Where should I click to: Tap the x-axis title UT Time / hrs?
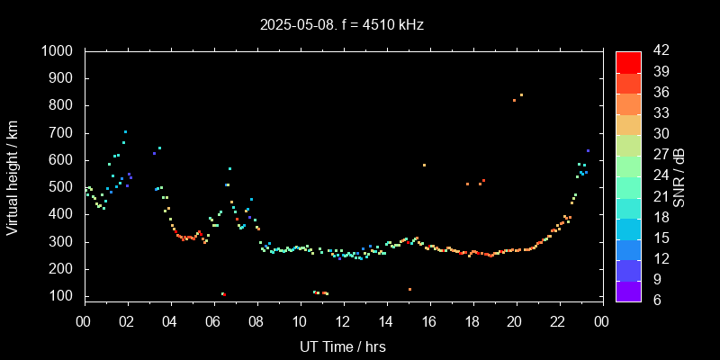[x=342, y=346]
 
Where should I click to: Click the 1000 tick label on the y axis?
[x=58, y=51]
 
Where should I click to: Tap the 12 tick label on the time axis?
[x=343, y=319]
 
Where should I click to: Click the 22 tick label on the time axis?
[x=559, y=319]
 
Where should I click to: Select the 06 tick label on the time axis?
[x=213, y=319]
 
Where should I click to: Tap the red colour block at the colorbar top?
[x=628, y=61]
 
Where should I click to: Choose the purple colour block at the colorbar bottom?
[x=628, y=290]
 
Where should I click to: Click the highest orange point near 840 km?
[x=521, y=94]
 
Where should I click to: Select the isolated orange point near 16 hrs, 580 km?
[x=424, y=165]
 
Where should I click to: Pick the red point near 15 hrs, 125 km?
[x=409, y=289]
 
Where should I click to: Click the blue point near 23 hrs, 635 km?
[x=588, y=150]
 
